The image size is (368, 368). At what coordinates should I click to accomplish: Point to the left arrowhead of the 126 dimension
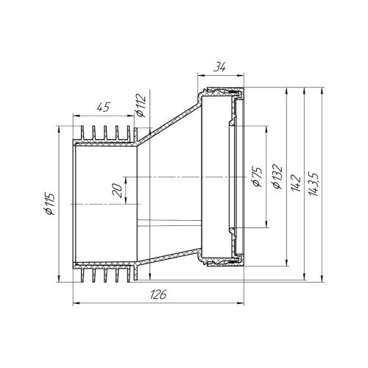74,302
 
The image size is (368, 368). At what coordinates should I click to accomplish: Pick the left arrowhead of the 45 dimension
74,113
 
